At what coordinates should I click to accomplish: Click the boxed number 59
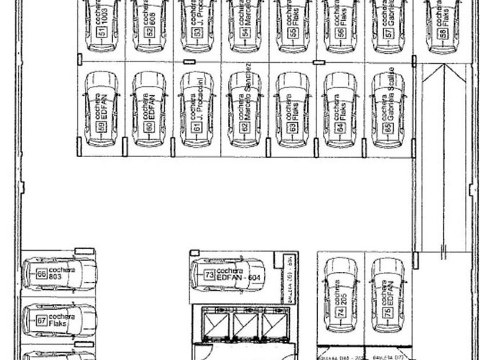(x=103, y=127)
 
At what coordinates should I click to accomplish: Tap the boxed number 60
(x=150, y=127)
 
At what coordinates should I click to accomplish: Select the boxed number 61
(x=198, y=127)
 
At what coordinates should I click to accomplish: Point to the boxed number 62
(x=245, y=127)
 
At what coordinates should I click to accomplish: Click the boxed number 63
(x=293, y=127)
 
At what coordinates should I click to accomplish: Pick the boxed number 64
(x=341, y=127)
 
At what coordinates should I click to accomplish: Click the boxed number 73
(x=209, y=275)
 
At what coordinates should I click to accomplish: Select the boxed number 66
(x=42, y=274)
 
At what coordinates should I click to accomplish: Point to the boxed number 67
(x=42, y=321)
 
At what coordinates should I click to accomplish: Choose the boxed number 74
(x=341, y=312)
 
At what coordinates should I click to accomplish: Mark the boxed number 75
(x=388, y=312)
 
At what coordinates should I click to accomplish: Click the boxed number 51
(x=103, y=33)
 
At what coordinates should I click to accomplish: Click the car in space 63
(x=293, y=109)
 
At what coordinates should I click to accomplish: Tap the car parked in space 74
(x=341, y=294)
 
